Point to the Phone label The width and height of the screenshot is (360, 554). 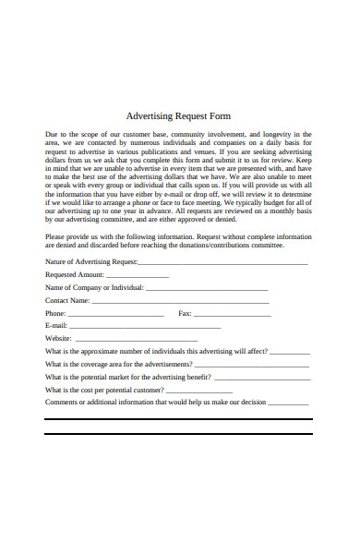pos(55,314)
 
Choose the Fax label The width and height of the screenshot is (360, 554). pos(185,314)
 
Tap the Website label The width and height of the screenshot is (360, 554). pos(58,339)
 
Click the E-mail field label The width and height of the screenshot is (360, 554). pos(56,326)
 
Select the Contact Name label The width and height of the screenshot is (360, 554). pos(67,301)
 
